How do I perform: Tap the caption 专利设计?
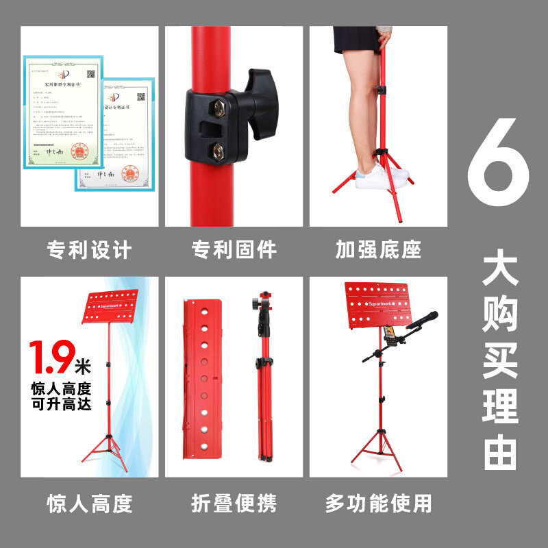click(89, 249)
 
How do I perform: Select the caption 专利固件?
click(234, 249)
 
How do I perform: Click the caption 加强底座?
click(378, 249)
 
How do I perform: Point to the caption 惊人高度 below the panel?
click(89, 504)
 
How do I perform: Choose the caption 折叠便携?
click(234, 504)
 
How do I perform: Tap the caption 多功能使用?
click(378, 504)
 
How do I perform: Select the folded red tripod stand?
click(264, 377)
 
